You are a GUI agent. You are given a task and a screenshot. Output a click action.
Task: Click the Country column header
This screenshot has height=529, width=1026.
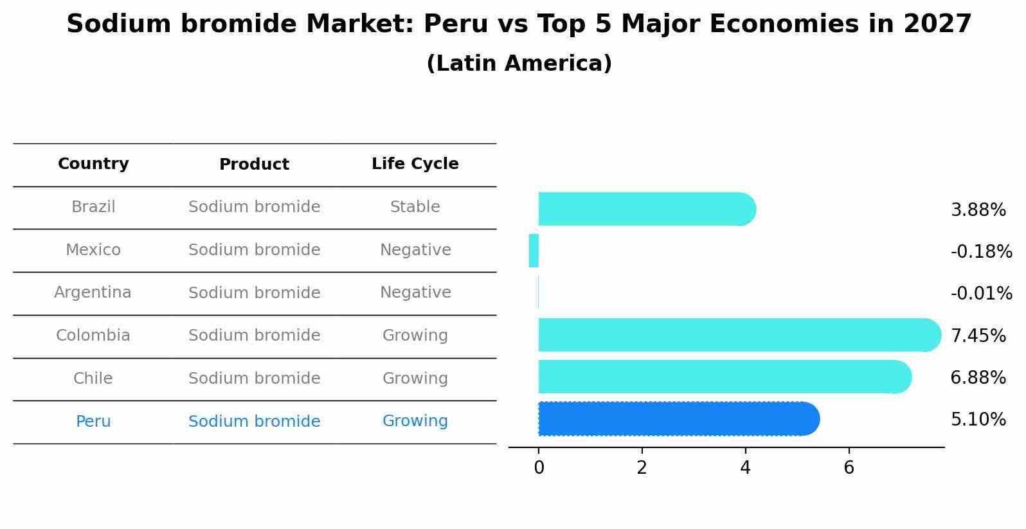click(x=93, y=164)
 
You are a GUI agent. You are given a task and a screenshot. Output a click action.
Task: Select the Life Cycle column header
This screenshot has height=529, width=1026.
click(x=415, y=164)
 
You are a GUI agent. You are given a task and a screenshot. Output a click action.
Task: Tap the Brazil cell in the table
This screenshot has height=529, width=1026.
click(x=93, y=207)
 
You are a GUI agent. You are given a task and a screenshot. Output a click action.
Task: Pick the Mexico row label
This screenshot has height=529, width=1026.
click(x=93, y=250)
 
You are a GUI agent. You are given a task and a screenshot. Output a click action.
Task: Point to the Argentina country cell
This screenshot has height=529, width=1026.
click(x=93, y=292)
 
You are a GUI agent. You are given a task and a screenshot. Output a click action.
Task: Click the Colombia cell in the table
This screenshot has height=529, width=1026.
click(x=93, y=336)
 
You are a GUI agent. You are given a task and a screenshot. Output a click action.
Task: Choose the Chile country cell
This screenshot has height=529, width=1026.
click(x=93, y=379)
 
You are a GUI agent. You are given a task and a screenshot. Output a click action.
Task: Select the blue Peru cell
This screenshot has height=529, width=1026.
click(x=93, y=422)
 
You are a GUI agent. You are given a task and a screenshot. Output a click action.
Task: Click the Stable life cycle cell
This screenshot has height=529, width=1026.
click(x=415, y=207)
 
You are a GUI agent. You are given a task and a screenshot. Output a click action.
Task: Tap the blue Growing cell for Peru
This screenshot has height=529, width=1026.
click(x=415, y=421)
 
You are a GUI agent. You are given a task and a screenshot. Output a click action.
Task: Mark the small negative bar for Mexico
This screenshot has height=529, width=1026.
click(x=534, y=251)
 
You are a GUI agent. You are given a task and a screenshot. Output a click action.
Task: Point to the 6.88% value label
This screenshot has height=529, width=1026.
click(x=978, y=378)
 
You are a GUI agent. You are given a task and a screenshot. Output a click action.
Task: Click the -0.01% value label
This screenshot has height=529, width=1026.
click(x=981, y=294)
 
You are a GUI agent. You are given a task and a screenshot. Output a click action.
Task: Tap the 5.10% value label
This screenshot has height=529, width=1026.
click(x=978, y=420)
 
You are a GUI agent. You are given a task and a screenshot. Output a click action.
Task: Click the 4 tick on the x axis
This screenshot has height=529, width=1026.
click(x=745, y=468)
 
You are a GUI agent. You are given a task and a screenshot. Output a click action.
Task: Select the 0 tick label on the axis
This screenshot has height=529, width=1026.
click(x=539, y=468)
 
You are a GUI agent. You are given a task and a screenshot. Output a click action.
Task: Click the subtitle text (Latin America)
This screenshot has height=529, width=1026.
click(x=519, y=64)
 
